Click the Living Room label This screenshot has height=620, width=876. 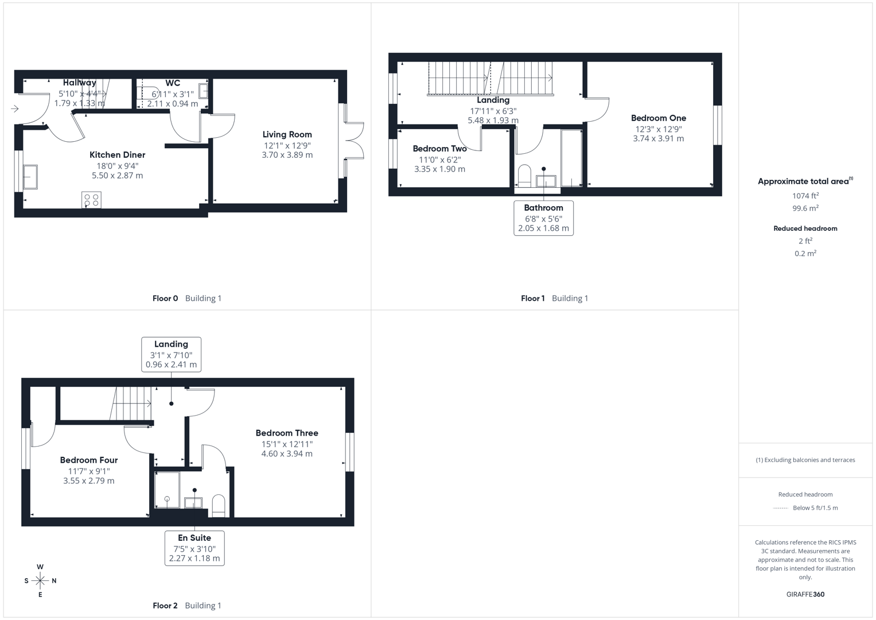click(x=287, y=134)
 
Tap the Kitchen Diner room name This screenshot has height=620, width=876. click(x=117, y=154)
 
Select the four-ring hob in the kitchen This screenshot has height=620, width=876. click(x=91, y=200)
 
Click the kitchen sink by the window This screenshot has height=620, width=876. click(x=30, y=177)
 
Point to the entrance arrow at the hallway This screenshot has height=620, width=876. click(x=14, y=108)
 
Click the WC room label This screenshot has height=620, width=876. click(x=173, y=83)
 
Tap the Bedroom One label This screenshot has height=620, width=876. click(x=658, y=118)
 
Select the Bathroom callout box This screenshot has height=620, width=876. click(x=543, y=218)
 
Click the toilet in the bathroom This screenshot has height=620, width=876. click(x=524, y=176)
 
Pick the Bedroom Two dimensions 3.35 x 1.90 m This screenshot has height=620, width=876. click(x=439, y=169)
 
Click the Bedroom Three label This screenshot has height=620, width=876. click(x=287, y=433)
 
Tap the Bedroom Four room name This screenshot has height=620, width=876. click(x=89, y=460)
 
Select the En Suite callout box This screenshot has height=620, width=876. click(x=194, y=548)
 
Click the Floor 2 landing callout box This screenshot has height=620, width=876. click(x=171, y=354)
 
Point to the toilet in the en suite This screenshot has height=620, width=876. click(x=219, y=505)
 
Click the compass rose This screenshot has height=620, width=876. click(x=40, y=581)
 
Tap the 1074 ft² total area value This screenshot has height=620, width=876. click(x=805, y=196)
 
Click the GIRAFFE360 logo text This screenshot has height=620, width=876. click(x=805, y=594)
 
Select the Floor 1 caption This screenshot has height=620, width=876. click(x=533, y=299)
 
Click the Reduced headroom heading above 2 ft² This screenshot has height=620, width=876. click(x=805, y=228)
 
